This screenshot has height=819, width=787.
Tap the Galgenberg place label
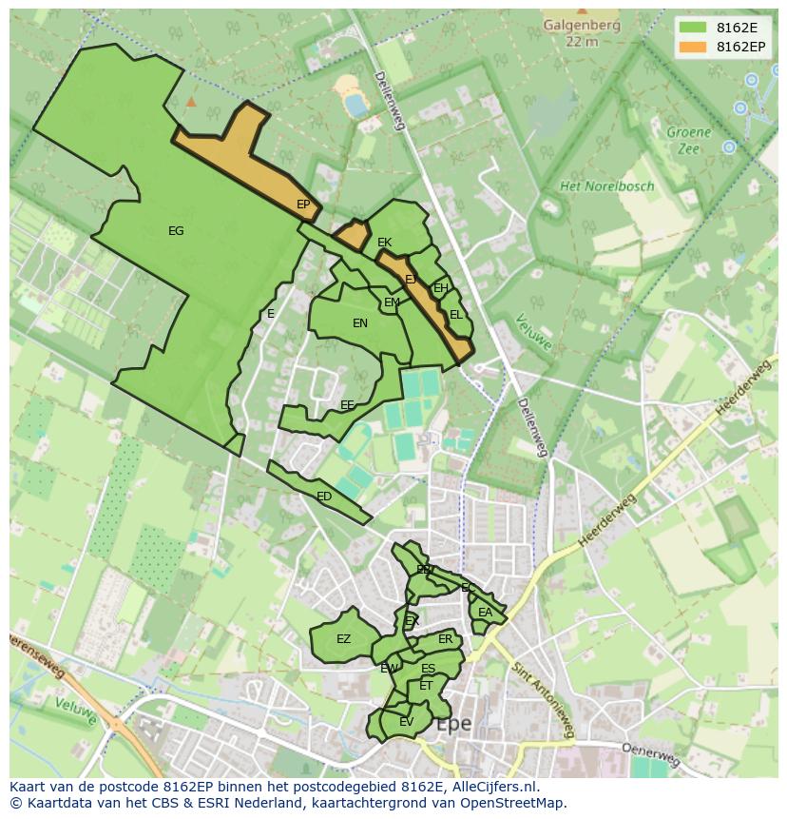pos(581,26)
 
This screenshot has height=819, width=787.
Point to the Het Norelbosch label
pos(606,186)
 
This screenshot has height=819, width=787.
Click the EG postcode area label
pos(176,231)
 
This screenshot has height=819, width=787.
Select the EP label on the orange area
pos(303,205)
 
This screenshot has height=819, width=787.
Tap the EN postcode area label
pos(360,323)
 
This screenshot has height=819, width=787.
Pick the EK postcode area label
pos(384,243)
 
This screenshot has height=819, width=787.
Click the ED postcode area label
pos(324,497)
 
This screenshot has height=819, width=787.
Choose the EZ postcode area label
pos(343,639)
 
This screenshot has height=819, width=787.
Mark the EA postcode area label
pos(485,613)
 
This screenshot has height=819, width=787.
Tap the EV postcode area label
pos(406,722)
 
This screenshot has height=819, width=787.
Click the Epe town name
pos(452,724)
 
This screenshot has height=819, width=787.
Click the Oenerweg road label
pos(651,754)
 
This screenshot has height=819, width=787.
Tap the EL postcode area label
pos(456,315)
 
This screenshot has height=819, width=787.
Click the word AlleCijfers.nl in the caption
pos(494,787)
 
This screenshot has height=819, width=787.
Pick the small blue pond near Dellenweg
pos(355,104)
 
